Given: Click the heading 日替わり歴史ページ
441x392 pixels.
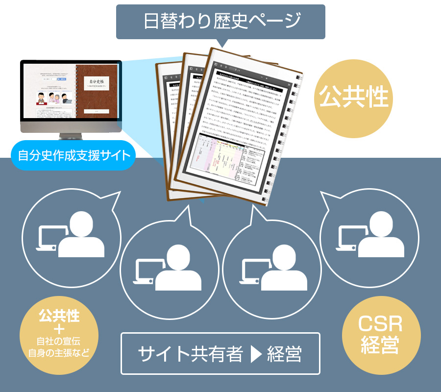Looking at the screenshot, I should click(x=220, y=22).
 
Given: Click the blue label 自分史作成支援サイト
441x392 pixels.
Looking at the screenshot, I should click(x=73, y=156).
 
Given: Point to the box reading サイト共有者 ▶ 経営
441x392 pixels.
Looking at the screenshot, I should click(x=220, y=354).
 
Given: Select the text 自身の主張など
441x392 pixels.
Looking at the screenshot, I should click(x=59, y=352).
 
